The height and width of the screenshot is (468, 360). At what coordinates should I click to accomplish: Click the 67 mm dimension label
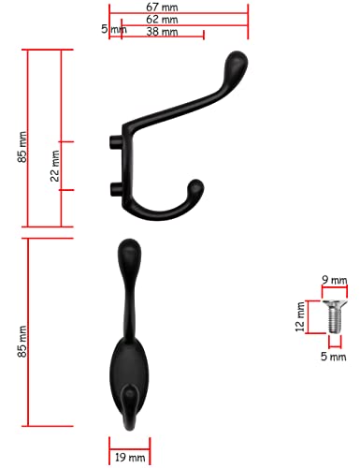(x=162, y=7)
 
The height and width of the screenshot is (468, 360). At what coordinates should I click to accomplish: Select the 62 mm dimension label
(x=162, y=20)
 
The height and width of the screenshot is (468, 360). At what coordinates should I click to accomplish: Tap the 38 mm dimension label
(x=162, y=32)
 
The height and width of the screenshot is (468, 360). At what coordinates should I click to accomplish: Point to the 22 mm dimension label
(x=55, y=166)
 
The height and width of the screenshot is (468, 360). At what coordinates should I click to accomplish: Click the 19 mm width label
(x=130, y=458)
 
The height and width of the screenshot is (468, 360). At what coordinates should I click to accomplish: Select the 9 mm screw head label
(x=335, y=280)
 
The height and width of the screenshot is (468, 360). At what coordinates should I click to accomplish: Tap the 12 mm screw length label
(x=300, y=316)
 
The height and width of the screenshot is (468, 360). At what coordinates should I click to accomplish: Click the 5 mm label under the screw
(x=334, y=357)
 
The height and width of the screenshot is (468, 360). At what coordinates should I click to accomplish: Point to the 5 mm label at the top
(x=114, y=29)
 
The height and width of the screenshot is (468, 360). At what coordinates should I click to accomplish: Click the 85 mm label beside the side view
(x=22, y=147)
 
